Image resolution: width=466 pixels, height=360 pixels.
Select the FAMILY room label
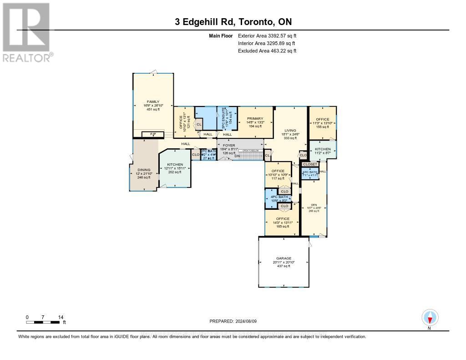(x=153, y=101)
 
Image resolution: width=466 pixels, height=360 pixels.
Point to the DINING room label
(x=144, y=170)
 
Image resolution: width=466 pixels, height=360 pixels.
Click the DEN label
(x=314, y=205)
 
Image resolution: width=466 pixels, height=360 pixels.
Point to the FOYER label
(x=228, y=145)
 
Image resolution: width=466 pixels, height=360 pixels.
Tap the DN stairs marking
(x=237, y=156)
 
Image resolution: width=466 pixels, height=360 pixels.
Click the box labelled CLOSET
(x=310, y=164)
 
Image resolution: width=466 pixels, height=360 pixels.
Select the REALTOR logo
(x=26, y=32)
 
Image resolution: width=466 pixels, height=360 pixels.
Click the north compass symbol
(x=429, y=317)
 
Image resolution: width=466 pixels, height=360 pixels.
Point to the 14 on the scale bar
(x=60, y=317)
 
